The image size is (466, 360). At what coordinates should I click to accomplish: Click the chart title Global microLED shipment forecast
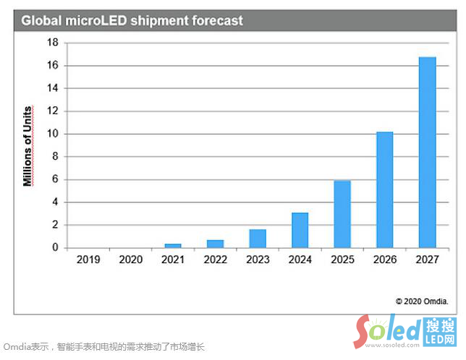pyautogui.click(x=132, y=21)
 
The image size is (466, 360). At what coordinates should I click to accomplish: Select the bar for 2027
pyautogui.click(x=427, y=153)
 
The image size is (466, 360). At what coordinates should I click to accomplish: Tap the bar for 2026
pyautogui.click(x=384, y=190)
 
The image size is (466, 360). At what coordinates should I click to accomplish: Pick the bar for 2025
pyautogui.click(x=342, y=214)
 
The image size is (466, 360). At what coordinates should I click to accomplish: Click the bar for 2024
pyautogui.click(x=300, y=230)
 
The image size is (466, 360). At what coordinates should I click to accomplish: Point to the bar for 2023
pyautogui.click(x=258, y=239)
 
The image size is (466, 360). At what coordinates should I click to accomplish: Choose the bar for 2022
pyautogui.click(x=215, y=244)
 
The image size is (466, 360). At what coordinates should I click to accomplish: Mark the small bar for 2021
pyautogui.click(x=173, y=246)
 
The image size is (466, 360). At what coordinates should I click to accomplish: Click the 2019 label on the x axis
pyautogui.click(x=88, y=259)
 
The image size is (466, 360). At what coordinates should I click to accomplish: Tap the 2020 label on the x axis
pyautogui.click(x=130, y=259)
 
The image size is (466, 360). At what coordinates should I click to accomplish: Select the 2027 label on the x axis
pyautogui.click(x=427, y=259)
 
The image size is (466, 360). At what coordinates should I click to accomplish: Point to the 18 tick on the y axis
pyautogui.click(x=52, y=43)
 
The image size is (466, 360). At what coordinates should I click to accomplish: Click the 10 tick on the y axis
pyautogui.click(x=52, y=134)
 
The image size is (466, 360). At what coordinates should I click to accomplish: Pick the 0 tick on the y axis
pyautogui.click(x=54, y=248)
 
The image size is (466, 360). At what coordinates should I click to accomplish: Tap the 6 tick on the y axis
pyautogui.click(x=54, y=179)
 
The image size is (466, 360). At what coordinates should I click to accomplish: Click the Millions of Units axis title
pyautogui.click(x=27, y=145)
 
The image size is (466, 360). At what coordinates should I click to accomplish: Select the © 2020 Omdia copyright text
pyautogui.click(x=422, y=301)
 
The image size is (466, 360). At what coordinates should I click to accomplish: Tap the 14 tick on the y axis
pyautogui.click(x=52, y=88)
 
